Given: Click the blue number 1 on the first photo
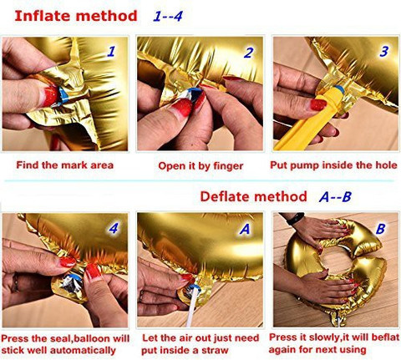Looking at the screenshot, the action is pos(111,51).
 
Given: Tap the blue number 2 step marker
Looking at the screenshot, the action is pos(249,53).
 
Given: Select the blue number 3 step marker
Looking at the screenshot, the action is pos(384,51).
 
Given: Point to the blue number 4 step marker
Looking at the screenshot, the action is pos(114,228).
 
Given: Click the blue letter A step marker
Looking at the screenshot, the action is pos(245,229).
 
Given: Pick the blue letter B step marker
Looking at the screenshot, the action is pos(381,229).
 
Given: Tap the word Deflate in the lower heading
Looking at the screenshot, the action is pos(224,196).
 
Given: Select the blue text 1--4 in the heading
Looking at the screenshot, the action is pos(168,16).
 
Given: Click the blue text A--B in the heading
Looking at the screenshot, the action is pos(335,197).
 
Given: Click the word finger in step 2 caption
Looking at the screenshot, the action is pos(228,166).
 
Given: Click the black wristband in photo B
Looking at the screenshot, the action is pos(296,218).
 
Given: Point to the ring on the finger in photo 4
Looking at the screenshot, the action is pos(16,283).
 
